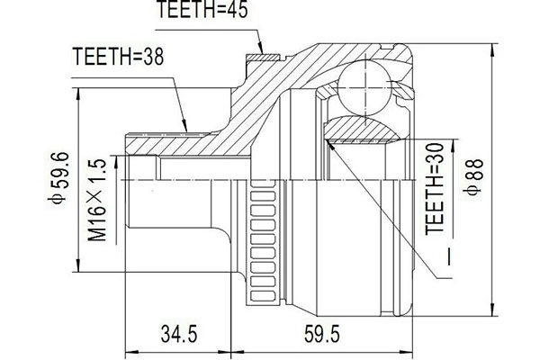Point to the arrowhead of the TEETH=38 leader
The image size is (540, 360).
tap(185, 128)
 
